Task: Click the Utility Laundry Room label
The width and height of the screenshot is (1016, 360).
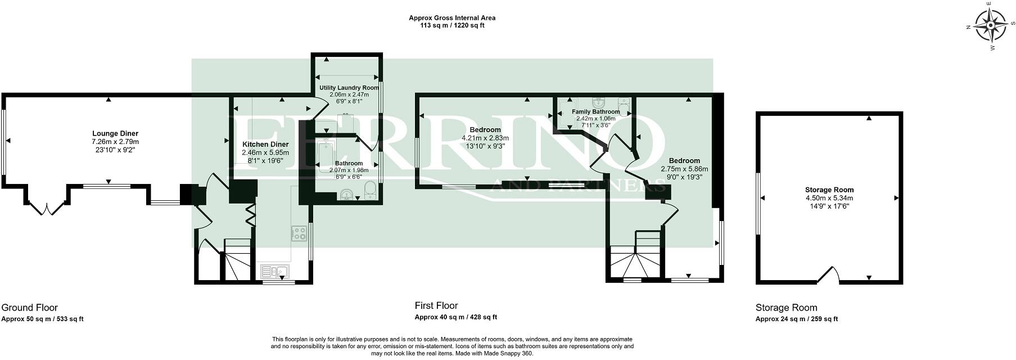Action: [x=349, y=88]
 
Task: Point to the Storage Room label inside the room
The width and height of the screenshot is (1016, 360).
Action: [x=829, y=190]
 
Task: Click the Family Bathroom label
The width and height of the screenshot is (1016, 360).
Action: [x=596, y=111]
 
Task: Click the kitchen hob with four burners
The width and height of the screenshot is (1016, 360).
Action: [x=299, y=233]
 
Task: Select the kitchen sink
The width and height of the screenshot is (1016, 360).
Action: [x=275, y=272]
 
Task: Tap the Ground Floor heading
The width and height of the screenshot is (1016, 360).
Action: [x=29, y=308]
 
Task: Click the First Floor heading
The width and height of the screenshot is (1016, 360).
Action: [x=436, y=306]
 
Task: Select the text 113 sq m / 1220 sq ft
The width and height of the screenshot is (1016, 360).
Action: [x=451, y=25]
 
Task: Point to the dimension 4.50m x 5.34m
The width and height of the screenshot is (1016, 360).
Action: [x=829, y=198]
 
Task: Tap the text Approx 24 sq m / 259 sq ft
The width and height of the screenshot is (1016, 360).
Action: [x=797, y=319]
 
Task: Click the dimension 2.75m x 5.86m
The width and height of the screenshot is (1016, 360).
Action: [x=684, y=169]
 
